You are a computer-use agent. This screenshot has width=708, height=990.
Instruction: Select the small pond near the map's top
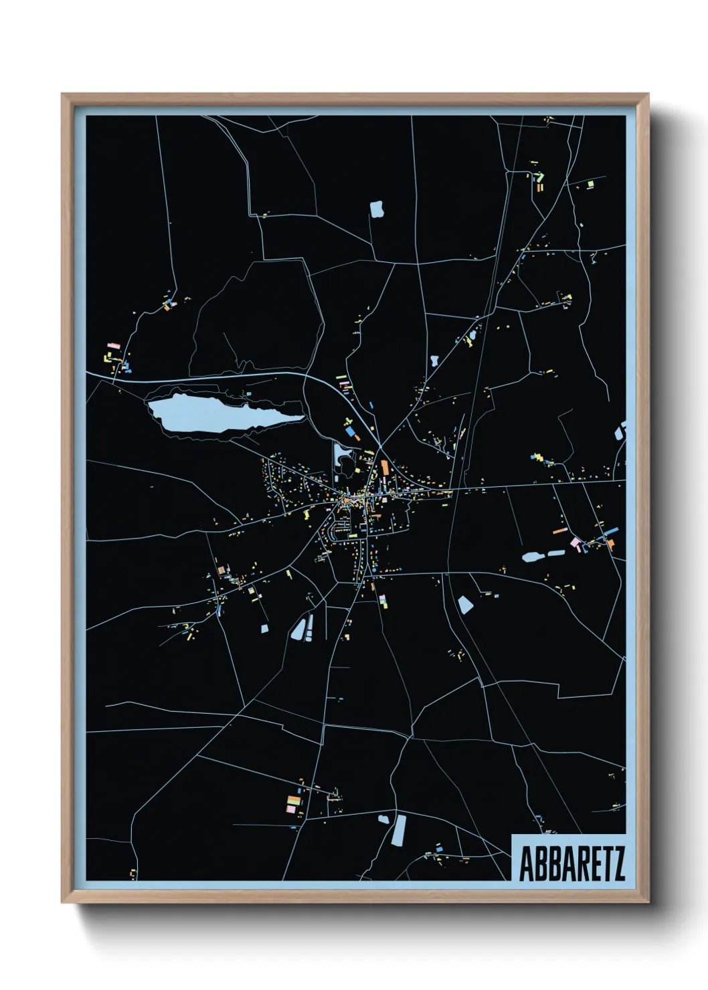point(377,209)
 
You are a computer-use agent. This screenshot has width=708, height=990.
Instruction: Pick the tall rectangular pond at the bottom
point(399,829)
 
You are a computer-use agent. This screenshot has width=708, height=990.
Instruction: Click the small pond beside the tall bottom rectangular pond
point(383,819)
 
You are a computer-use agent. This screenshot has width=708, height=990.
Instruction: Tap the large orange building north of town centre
point(385,467)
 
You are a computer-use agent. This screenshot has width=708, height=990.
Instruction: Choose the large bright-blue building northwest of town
point(349,432)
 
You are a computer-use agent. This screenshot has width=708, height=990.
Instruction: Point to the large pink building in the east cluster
point(574,542)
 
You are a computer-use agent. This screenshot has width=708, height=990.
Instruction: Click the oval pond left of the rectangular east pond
point(533,556)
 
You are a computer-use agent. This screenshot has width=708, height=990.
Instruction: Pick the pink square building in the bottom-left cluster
point(290,809)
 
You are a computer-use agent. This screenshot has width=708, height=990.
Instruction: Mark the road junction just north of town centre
point(380,446)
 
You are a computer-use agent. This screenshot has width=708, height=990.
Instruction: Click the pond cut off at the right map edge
point(620,431)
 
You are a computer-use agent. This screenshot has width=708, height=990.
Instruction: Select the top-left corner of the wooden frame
point(63,95)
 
